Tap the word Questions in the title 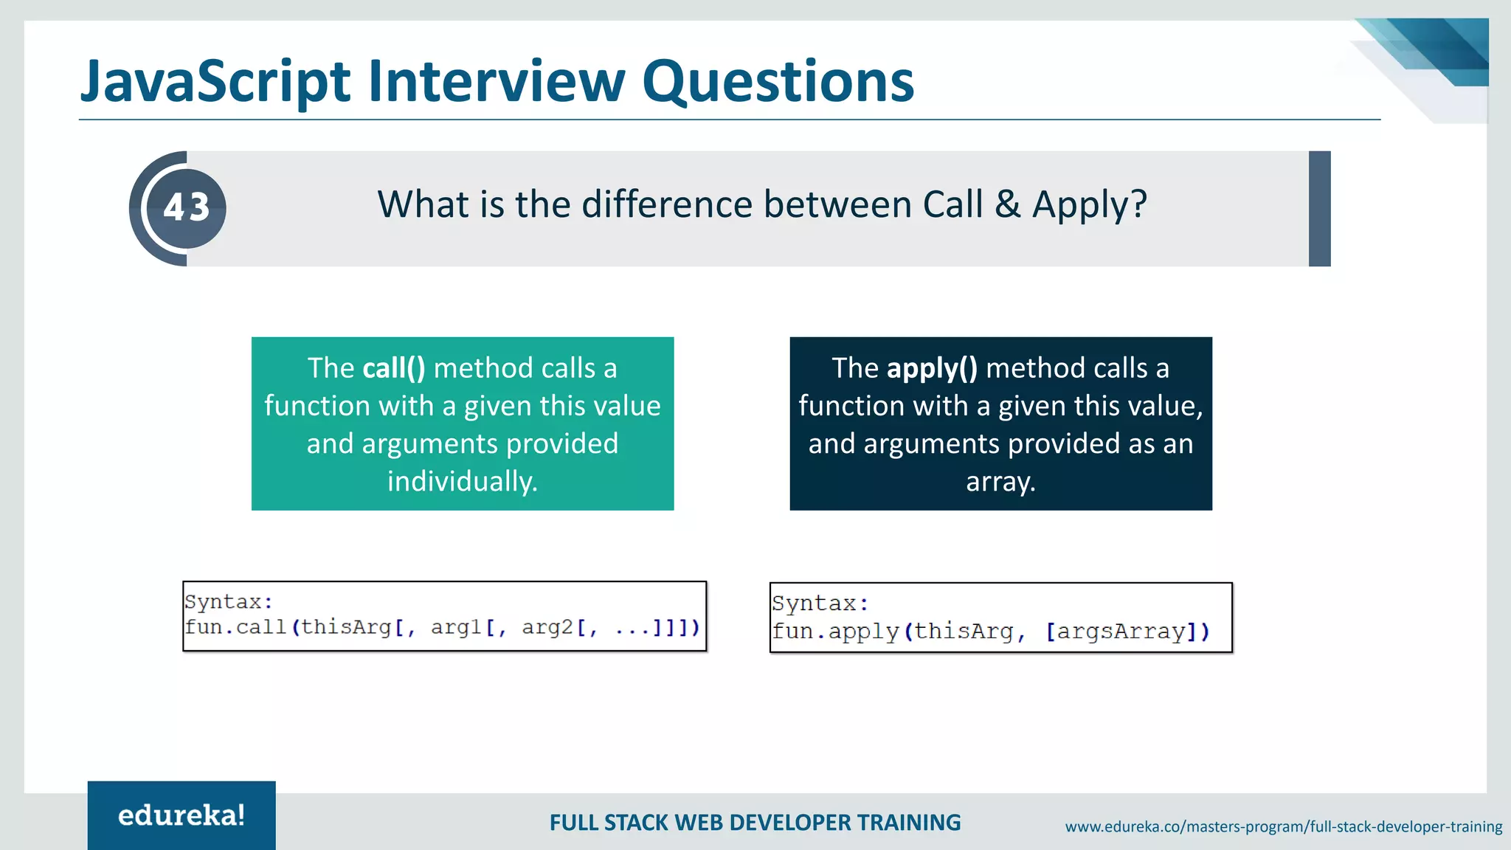(778, 81)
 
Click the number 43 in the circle (187, 207)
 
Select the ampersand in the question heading (1007, 204)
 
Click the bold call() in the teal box (394, 368)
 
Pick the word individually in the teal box (463, 482)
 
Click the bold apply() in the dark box (932, 368)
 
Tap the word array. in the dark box (1000, 482)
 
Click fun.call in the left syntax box (235, 627)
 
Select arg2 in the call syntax (547, 627)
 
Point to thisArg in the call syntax (346, 627)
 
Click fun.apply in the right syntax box (835, 632)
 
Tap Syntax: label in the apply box (820, 604)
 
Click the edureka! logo (181, 815)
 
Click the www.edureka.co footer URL (1283, 826)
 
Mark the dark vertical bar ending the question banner (1319, 209)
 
